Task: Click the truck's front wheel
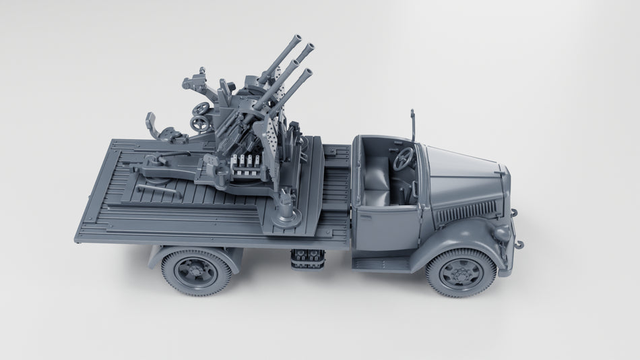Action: pyautogui.click(x=461, y=272)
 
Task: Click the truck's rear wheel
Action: pyautogui.click(x=196, y=271)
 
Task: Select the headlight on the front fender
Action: pyautogui.click(x=501, y=232)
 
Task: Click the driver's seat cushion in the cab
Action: pyautogui.click(x=377, y=196)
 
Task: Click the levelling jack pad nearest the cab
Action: pyautogui.click(x=286, y=215)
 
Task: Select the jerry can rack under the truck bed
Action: pyautogui.click(x=307, y=259)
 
